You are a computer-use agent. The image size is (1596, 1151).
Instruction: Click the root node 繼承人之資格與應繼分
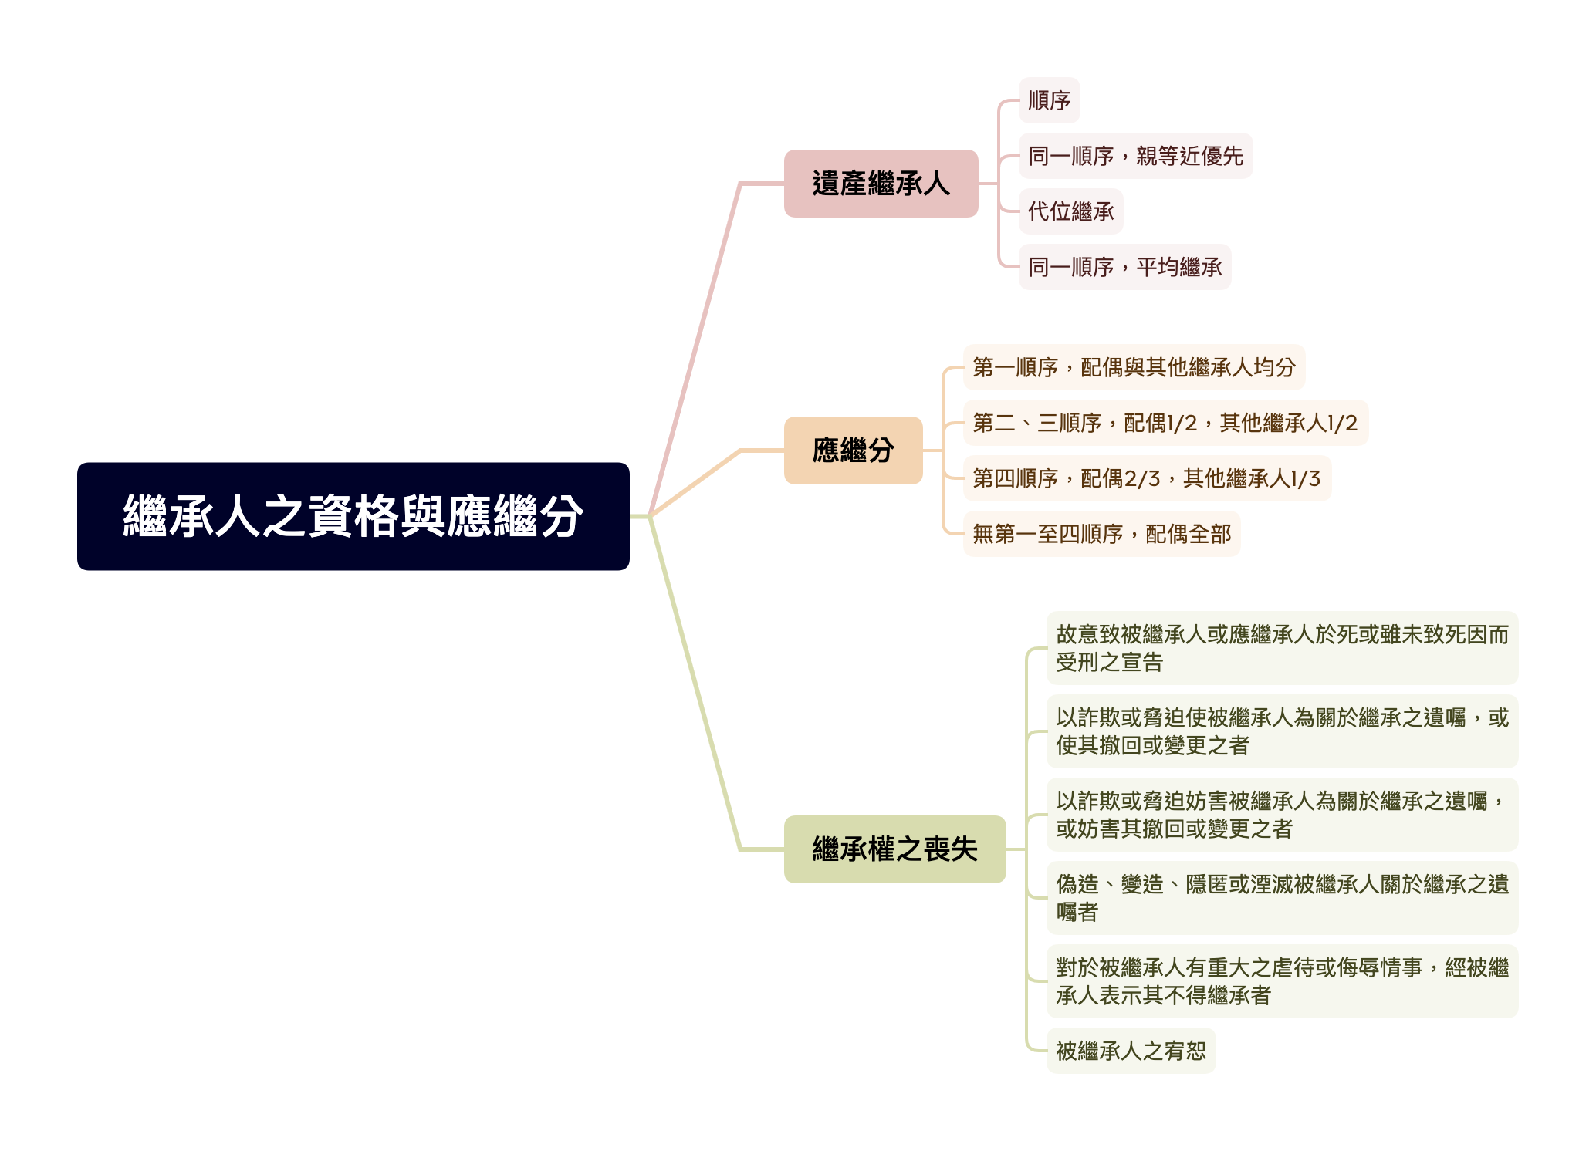pos(353,516)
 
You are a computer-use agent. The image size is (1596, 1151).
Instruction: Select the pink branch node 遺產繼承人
pos(881,184)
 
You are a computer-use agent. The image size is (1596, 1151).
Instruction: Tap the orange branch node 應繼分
pos(853,451)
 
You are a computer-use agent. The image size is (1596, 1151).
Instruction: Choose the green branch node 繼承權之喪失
pos(894,849)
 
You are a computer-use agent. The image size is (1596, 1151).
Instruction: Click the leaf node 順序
pos(1049,100)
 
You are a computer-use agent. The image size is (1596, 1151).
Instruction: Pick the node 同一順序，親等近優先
pos(1135,156)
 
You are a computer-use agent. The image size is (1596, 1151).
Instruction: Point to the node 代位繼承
pos(1070,211)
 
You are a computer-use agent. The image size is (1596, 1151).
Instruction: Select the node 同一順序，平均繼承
pos(1124,267)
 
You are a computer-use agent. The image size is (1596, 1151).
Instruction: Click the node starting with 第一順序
pos(1134,367)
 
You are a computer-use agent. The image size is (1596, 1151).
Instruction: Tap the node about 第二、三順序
pos(1165,423)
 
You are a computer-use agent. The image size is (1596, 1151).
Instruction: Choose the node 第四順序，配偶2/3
pos(1147,478)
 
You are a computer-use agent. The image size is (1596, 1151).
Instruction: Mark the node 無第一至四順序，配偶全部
pos(1101,534)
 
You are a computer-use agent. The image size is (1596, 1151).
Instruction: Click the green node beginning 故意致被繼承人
pos(1282,648)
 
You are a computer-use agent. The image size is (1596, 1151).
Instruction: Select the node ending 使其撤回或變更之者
pos(1282,731)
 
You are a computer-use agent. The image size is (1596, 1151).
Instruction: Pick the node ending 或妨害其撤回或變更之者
pos(1282,815)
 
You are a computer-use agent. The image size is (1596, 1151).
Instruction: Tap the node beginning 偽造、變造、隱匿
pos(1282,898)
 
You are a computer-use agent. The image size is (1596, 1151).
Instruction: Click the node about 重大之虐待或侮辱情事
pos(1282,981)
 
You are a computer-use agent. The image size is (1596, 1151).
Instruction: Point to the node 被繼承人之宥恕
pos(1131,1051)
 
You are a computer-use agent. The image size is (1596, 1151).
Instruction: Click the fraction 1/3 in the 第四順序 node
pos(1305,479)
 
